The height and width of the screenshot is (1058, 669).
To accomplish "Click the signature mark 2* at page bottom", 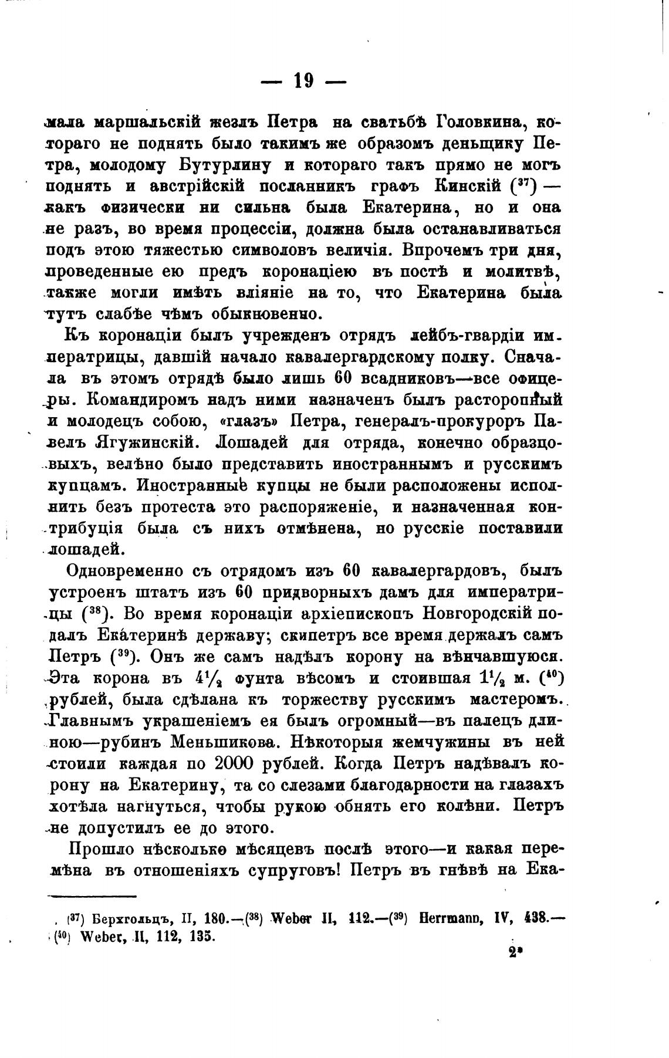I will (x=515, y=955).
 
